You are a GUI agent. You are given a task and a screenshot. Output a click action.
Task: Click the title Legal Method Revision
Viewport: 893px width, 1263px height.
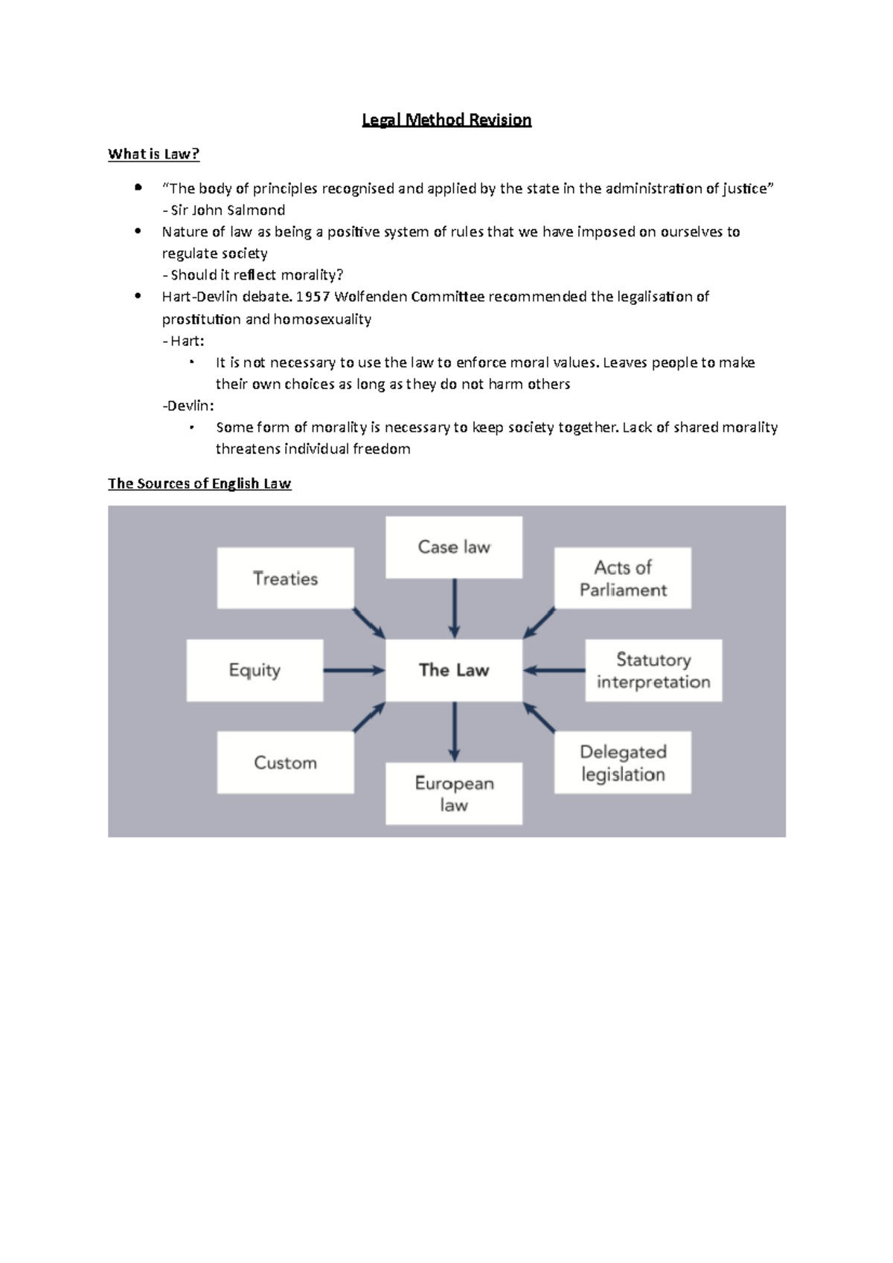446,120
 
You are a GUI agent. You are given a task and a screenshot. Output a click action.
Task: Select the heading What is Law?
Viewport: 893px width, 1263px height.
153,154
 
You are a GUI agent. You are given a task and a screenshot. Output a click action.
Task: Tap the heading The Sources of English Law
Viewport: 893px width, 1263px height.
199,483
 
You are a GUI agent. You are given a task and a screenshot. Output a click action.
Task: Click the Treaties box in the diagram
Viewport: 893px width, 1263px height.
285,579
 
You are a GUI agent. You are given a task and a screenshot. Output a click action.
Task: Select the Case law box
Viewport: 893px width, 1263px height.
454,547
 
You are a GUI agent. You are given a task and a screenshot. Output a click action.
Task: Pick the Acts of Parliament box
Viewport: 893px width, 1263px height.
623,579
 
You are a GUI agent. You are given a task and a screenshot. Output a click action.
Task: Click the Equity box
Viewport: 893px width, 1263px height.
255,670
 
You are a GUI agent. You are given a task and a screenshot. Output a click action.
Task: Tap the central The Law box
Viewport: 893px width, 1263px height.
454,670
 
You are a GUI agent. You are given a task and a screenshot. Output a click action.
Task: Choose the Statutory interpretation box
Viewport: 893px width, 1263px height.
653,670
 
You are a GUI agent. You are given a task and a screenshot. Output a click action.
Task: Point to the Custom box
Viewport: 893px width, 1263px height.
285,762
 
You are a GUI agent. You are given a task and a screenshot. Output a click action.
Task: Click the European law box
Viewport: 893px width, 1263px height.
454,794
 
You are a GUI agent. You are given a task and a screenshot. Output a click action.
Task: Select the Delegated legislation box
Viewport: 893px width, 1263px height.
623,762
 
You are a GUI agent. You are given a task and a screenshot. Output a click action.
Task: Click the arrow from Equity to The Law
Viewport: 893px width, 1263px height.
353,670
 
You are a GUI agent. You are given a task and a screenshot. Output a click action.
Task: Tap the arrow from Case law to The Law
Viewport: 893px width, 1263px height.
454,608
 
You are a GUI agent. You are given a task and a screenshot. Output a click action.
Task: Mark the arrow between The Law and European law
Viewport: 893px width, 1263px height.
454,731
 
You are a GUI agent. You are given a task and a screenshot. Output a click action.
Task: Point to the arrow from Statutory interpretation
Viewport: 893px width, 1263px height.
554,670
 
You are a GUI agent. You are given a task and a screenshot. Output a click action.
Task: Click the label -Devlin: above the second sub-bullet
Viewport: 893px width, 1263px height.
188,405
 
